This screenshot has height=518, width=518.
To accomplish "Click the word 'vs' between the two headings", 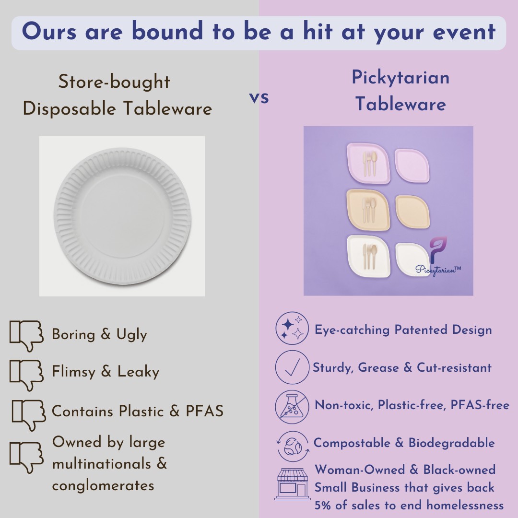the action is click(259, 97).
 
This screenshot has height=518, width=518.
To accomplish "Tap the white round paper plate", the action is click(122, 216).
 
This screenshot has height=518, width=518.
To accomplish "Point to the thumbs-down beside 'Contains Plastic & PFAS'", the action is click(29, 415).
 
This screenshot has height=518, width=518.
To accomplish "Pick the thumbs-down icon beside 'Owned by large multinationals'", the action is click(26, 458).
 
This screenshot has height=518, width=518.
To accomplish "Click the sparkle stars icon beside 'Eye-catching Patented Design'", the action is click(292, 329).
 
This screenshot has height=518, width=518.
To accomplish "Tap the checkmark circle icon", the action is click(292, 367).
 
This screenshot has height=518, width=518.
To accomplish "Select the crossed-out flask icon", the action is click(292, 407).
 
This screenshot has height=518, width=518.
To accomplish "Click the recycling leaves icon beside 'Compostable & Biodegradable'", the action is click(293, 447).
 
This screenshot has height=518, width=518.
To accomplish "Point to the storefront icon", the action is click(293, 484).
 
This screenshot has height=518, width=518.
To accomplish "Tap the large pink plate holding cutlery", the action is click(368, 163).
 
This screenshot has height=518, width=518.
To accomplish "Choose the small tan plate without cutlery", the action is click(412, 212).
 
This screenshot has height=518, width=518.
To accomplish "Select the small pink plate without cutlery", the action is click(412, 165).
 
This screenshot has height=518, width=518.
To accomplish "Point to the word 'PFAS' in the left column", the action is click(204, 411).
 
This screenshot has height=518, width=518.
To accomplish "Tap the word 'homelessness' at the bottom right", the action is click(465, 505).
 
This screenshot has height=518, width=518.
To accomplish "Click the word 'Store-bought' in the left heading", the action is click(114, 82).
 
